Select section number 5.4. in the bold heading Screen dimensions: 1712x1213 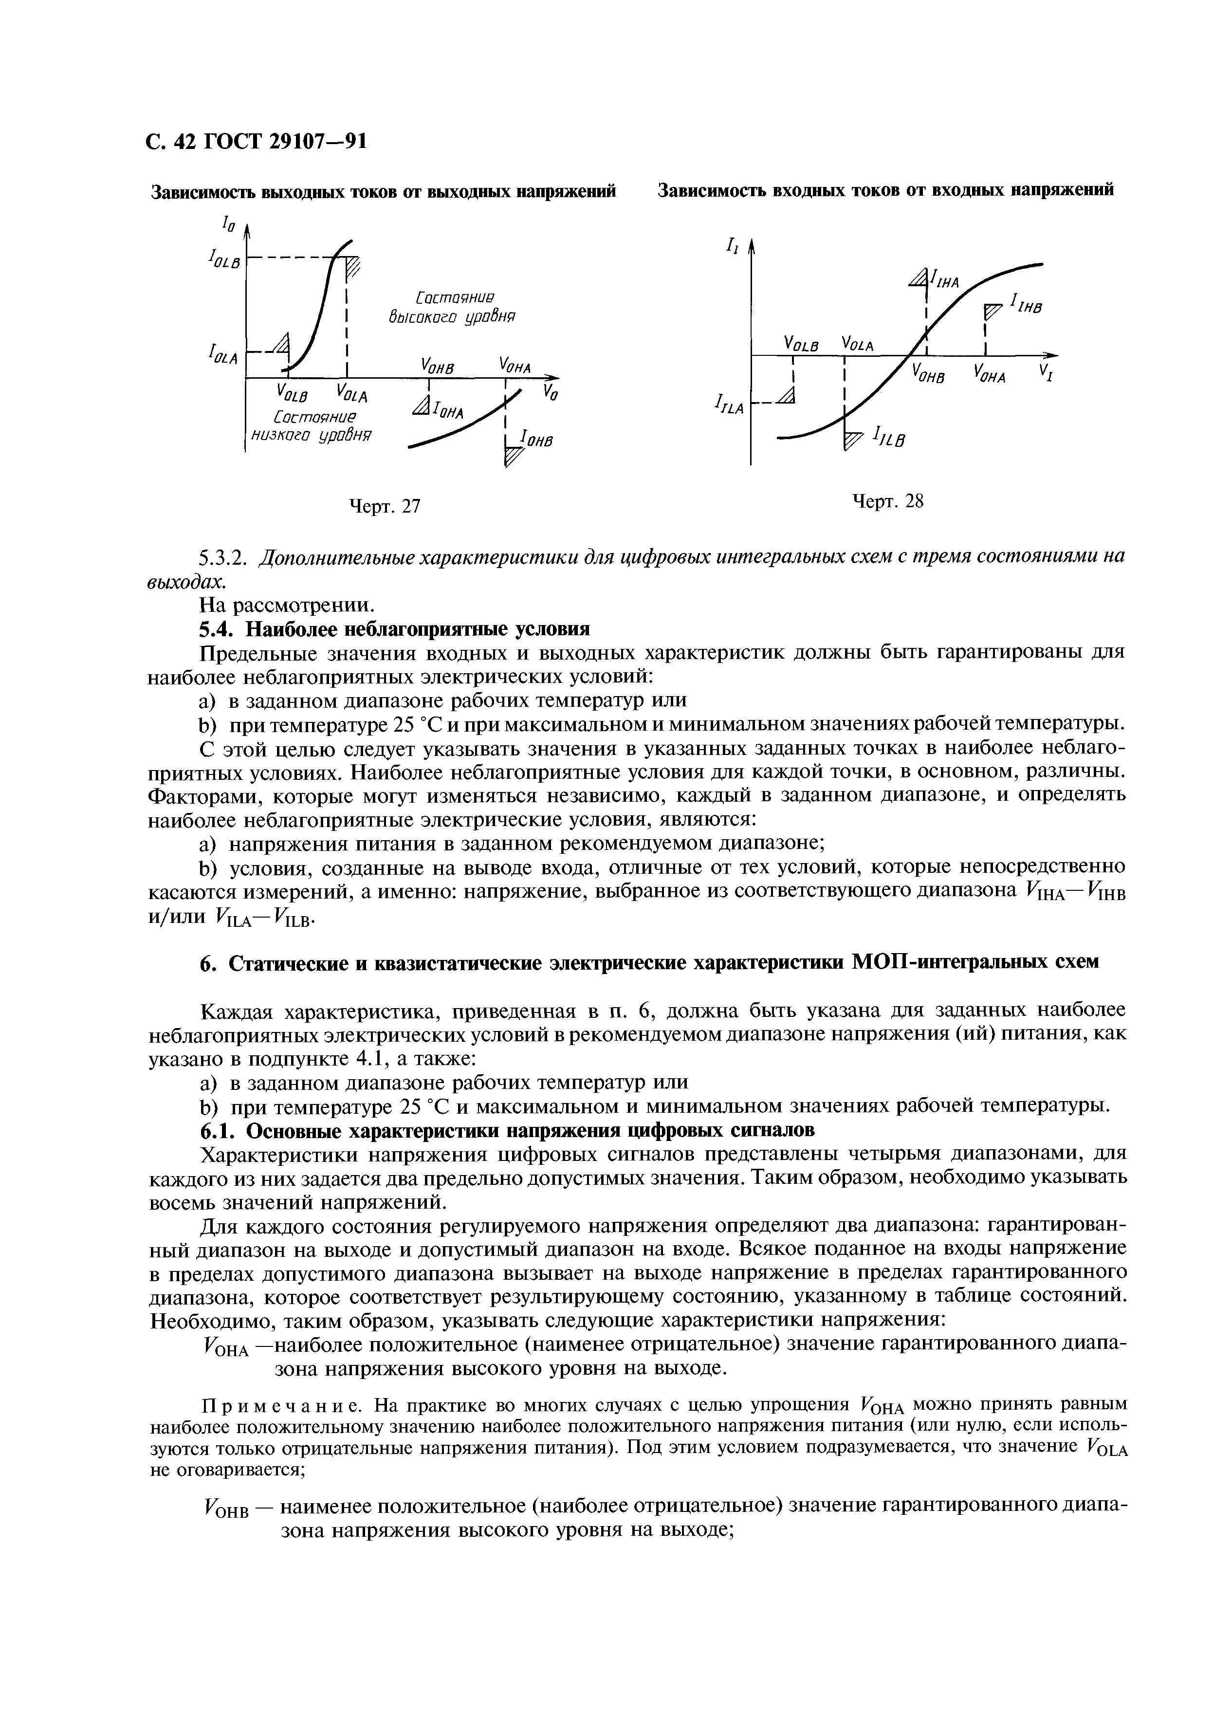coord(218,628)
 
